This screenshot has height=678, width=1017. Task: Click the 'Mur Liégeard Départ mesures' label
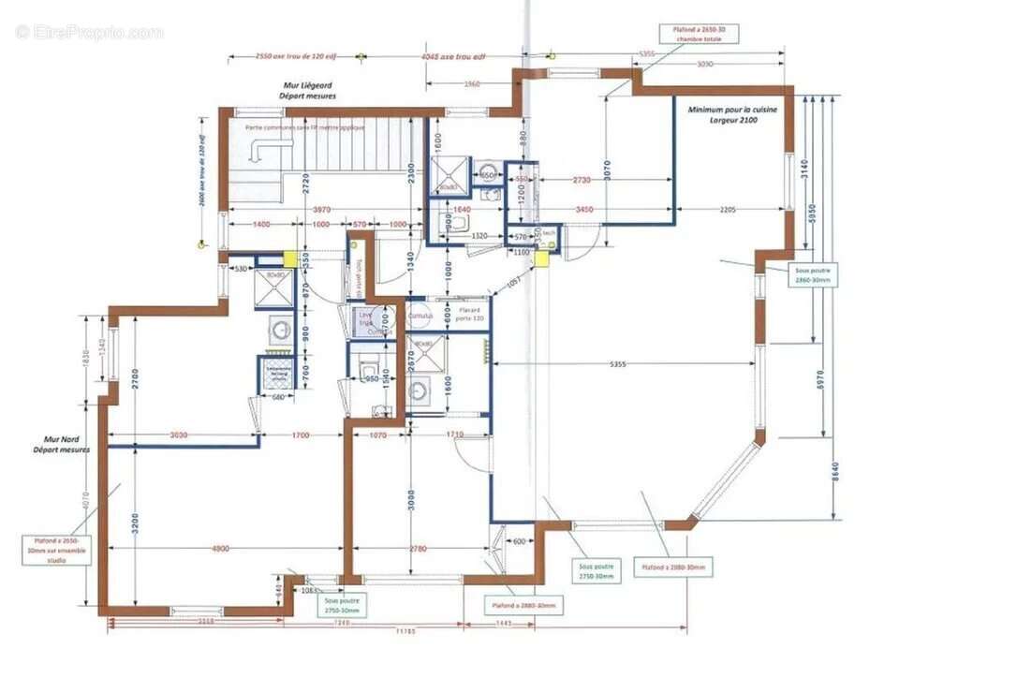pos(309,91)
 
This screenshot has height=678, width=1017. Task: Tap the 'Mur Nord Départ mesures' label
pos(66,443)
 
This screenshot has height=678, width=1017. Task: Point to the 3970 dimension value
pos(321,209)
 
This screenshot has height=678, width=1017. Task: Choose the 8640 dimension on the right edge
pos(834,475)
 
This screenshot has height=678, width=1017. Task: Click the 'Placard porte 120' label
pos(470,314)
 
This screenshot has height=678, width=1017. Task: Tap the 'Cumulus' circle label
pos(418,316)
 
